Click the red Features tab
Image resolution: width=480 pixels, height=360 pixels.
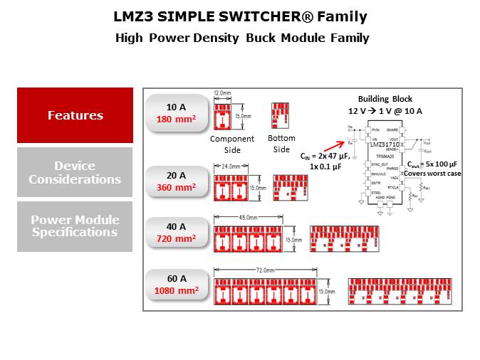click(75, 115)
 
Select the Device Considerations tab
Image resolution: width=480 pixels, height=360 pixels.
click(75, 172)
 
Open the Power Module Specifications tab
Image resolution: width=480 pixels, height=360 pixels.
click(75, 226)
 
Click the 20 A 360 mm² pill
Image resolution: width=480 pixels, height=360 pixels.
click(176, 181)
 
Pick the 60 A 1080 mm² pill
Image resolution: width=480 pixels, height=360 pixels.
click(176, 285)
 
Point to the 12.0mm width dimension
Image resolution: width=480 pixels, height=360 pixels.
click(223, 93)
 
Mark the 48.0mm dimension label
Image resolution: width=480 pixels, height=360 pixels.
click(246, 217)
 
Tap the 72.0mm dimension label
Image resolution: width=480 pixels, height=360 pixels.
click(265, 270)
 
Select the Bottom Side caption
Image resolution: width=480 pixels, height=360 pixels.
click(281, 144)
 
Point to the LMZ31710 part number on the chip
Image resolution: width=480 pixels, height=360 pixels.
click(382, 144)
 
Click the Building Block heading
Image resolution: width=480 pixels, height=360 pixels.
click(385, 99)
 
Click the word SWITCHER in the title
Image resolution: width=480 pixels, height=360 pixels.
click(239, 16)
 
